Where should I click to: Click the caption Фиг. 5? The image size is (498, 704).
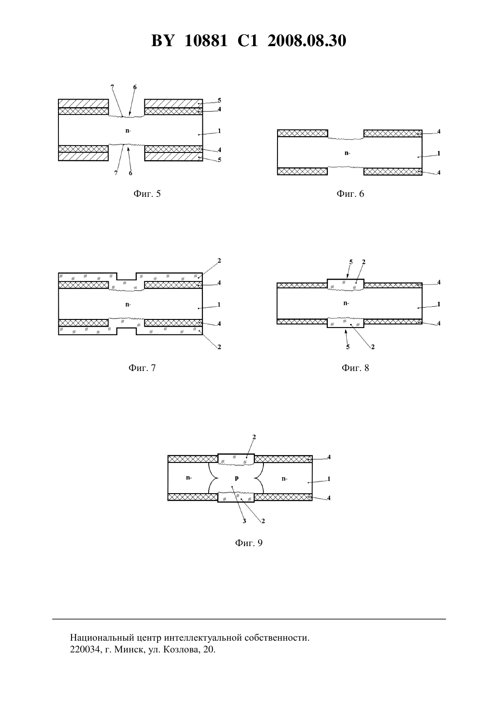pos(147,194)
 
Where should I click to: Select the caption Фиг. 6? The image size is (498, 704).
pos(350,194)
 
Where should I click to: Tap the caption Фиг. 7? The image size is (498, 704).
pos(142,368)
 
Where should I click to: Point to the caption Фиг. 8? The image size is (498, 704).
pos(355,368)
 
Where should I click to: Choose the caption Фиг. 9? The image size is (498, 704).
pos(249,543)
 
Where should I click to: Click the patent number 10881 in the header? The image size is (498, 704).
pos(206,41)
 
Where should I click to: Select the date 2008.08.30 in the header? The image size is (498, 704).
pos(307,41)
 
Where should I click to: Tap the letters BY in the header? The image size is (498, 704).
pos(163,41)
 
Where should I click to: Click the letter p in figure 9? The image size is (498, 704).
pos(237,478)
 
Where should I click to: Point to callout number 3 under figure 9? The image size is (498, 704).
pos(244,521)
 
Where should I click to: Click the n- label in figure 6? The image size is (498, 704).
pos(347,153)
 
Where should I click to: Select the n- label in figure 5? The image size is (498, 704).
pos(128,131)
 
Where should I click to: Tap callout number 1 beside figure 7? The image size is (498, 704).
pos(219,304)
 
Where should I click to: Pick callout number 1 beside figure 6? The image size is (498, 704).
pos(439,153)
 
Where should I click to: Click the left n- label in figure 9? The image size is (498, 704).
pos(189,478)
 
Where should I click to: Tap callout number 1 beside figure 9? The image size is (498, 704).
pos(329,479)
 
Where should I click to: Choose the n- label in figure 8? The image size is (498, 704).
pos(346,303)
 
